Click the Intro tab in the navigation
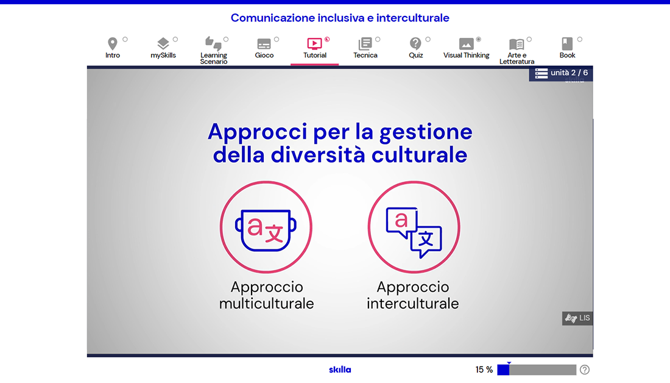[x=113, y=48]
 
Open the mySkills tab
[x=163, y=48]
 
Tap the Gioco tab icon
[x=264, y=44]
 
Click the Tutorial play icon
[x=314, y=44]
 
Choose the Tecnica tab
[x=365, y=48]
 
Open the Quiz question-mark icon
[x=415, y=44]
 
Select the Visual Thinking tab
[x=466, y=48]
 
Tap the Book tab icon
[x=567, y=44]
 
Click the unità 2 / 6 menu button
[x=560, y=73]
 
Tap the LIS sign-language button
[x=577, y=318]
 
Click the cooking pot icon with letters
[x=266, y=230]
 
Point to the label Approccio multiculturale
[x=267, y=295]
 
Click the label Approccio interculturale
[x=413, y=295]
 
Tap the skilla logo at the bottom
[x=340, y=370]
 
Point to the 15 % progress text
[x=484, y=370]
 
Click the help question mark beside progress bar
[x=585, y=370]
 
